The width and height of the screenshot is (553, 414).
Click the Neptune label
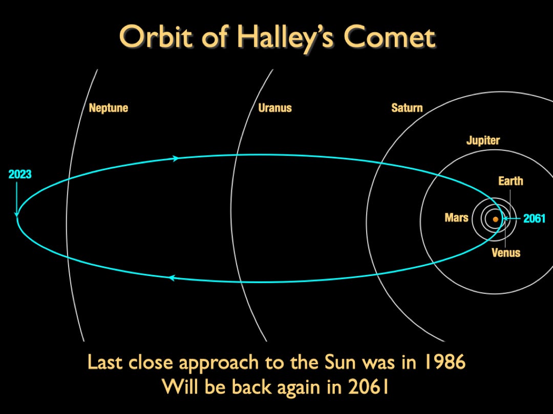[x=108, y=108]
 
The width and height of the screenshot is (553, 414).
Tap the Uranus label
[x=275, y=108]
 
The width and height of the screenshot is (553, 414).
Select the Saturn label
[x=407, y=108]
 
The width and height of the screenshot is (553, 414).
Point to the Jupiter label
[x=483, y=141]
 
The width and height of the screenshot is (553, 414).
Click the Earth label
[x=511, y=181]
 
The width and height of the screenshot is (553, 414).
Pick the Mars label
[x=456, y=218]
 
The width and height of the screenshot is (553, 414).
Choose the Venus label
[x=506, y=252]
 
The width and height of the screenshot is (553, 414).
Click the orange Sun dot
[x=496, y=219]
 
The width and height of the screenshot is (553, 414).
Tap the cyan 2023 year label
[x=20, y=174]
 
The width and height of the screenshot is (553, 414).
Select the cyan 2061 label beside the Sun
[x=534, y=219]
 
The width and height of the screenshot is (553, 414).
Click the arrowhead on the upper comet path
[x=176, y=158]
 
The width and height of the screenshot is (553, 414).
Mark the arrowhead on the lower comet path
[x=172, y=278]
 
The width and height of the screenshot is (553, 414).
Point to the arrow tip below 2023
[x=16, y=215]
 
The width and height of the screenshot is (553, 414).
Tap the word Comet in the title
[x=390, y=37]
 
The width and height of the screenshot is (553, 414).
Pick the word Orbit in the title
[x=157, y=37]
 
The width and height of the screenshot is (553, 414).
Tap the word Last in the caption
[x=105, y=362]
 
